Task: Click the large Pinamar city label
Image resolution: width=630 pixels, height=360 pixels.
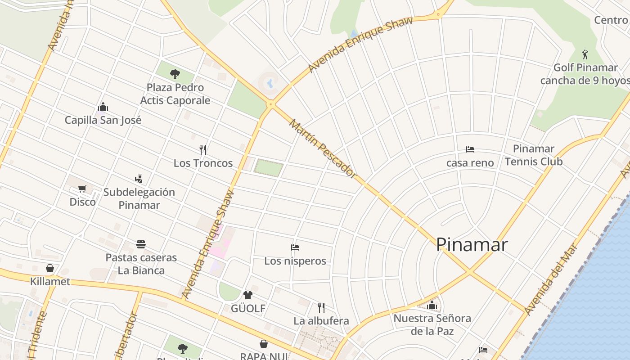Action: click(472, 244)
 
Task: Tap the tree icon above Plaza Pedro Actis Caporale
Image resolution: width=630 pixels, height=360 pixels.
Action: click(175, 74)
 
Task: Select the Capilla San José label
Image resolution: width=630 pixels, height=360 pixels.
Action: click(103, 120)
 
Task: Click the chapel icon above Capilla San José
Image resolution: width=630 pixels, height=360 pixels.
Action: click(103, 107)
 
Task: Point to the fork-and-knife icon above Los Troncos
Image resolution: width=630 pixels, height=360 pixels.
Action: click(203, 149)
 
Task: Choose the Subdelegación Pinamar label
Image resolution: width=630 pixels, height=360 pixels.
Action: click(139, 198)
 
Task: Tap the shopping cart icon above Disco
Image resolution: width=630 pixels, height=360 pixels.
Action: click(82, 189)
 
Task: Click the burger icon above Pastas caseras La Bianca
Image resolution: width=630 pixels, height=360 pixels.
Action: click(141, 244)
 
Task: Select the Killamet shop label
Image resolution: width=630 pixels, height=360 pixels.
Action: click(50, 282)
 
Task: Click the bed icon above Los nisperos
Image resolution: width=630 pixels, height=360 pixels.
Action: click(295, 247)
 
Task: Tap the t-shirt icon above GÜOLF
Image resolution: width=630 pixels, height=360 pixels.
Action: click(248, 295)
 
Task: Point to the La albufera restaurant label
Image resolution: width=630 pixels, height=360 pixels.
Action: click(321, 321)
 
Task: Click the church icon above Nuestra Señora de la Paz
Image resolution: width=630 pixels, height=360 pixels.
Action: click(432, 306)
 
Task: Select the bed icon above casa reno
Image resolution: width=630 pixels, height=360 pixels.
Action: click(470, 149)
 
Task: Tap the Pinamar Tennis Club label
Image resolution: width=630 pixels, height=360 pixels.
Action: click(534, 155)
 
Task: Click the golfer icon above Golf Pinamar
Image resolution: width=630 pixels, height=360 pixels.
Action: click(585, 54)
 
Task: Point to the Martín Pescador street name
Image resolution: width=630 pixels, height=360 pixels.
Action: click(322, 148)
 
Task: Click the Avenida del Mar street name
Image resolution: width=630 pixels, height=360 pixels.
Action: click(550, 279)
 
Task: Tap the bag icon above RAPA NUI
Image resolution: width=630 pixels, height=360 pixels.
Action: click(264, 344)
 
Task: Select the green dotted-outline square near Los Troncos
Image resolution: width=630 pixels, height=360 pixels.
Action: click(269, 167)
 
